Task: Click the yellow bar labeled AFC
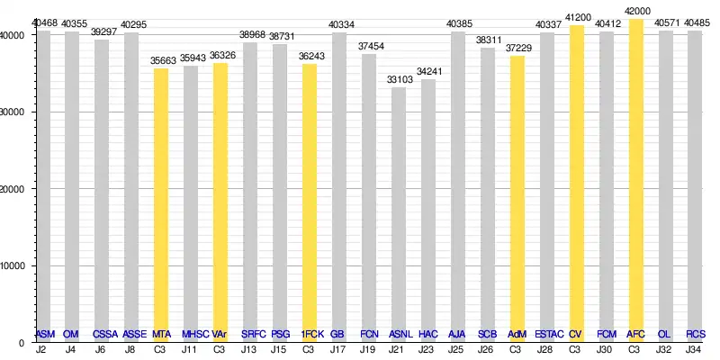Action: [635, 180]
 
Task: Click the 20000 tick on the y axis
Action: [15, 189]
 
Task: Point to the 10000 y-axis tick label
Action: [15, 265]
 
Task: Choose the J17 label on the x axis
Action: [337, 349]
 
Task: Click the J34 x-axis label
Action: [695, 349]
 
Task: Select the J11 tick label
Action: [189, 349]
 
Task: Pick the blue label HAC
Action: [428, 335]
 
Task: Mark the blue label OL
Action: [664, 335]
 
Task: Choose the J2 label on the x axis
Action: [41, 349]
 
